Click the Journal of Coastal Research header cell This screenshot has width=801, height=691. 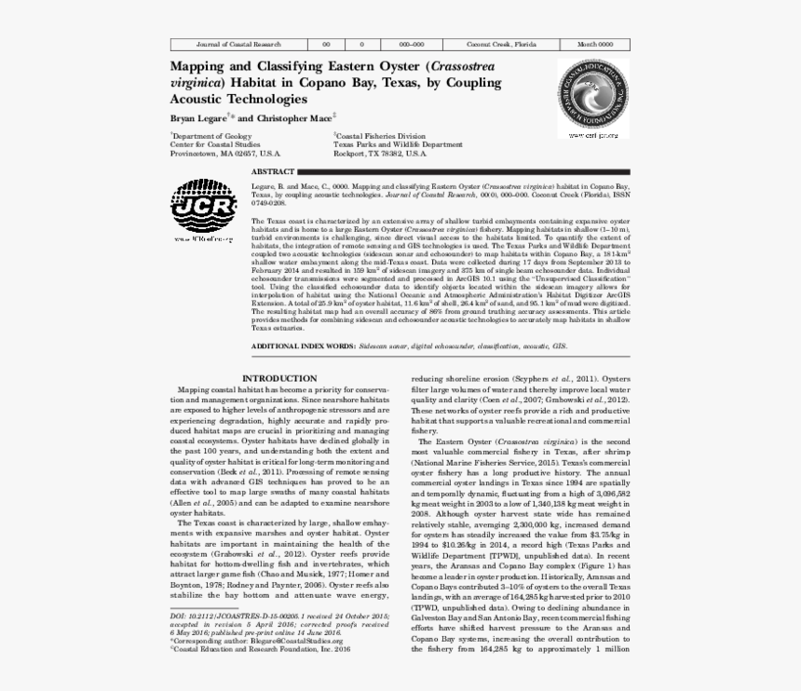pos(239,45)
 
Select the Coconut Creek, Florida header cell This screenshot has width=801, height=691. pos(501,45)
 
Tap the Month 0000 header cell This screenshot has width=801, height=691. pos(595,45)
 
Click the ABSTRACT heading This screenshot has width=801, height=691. pos(273,172)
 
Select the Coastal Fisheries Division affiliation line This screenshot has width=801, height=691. pos(379,136)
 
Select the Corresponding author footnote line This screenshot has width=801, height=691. pos(251,641)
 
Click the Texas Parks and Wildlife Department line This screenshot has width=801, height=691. pos(398,144)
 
